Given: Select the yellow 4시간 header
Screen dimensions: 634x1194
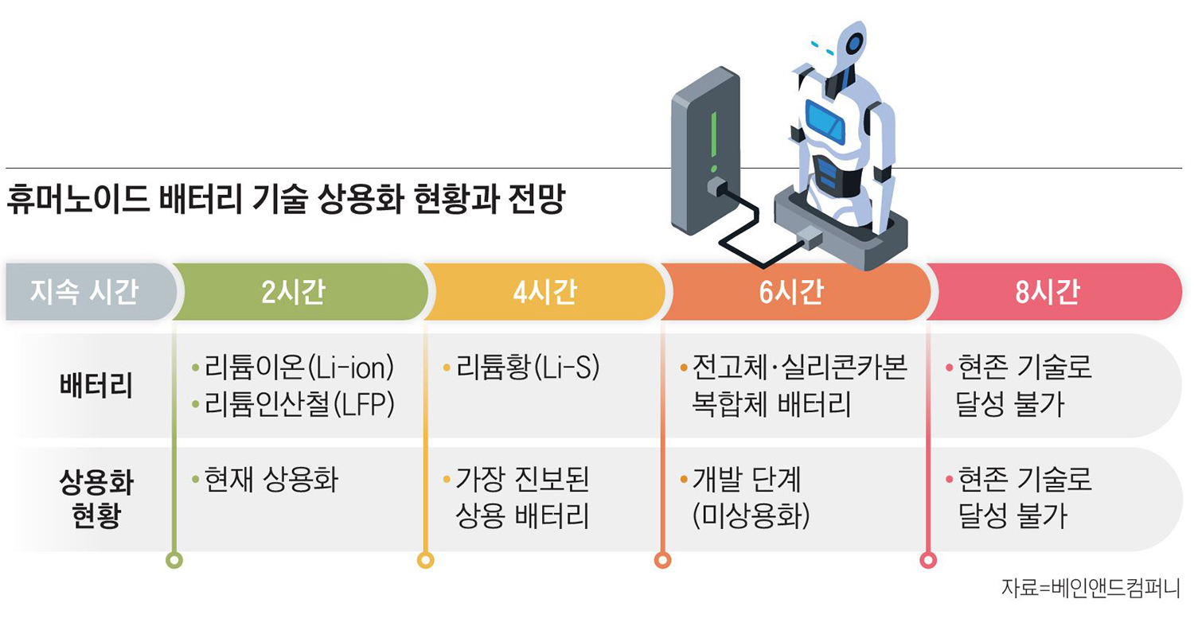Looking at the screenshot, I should [544, 292].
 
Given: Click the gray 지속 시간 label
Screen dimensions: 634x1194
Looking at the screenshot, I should [84, 292].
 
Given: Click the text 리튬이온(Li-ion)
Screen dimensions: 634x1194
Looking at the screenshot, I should [299, 370].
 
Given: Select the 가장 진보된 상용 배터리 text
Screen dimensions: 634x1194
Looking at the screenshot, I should [522, 499].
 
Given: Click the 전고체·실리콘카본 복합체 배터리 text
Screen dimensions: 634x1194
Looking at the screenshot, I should [799, 387].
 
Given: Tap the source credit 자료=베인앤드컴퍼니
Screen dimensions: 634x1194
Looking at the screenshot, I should [1090, 589].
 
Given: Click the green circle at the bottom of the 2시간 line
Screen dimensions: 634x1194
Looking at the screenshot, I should [174, 560].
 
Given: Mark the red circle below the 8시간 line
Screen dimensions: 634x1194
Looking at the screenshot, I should [928, 560].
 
